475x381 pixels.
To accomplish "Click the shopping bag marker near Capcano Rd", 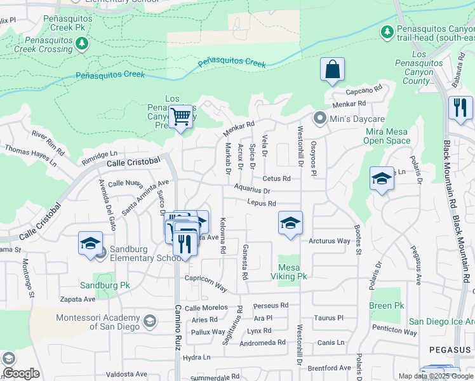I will tap(333, 70).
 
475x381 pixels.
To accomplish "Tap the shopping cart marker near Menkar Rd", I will tap(181, 117).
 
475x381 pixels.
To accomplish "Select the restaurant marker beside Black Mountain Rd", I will tap(460, 108).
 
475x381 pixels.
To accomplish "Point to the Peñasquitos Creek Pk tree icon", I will tap(81, 43).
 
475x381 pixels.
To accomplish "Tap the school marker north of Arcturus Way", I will tap(290, 223).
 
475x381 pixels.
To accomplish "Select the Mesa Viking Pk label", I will tap(292, 272).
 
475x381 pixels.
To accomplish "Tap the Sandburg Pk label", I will tap(104, 285).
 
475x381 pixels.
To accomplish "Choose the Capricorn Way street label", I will tap(206, 283).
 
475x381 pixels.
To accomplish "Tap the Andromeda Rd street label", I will tap(263, 343).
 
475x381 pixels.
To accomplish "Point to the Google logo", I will tap(20, 373).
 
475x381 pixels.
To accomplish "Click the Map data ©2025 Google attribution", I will tap(436, 376).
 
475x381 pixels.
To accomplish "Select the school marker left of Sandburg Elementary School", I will tap(90, 244).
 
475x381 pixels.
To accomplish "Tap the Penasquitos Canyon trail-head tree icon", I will tap(387, 31).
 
